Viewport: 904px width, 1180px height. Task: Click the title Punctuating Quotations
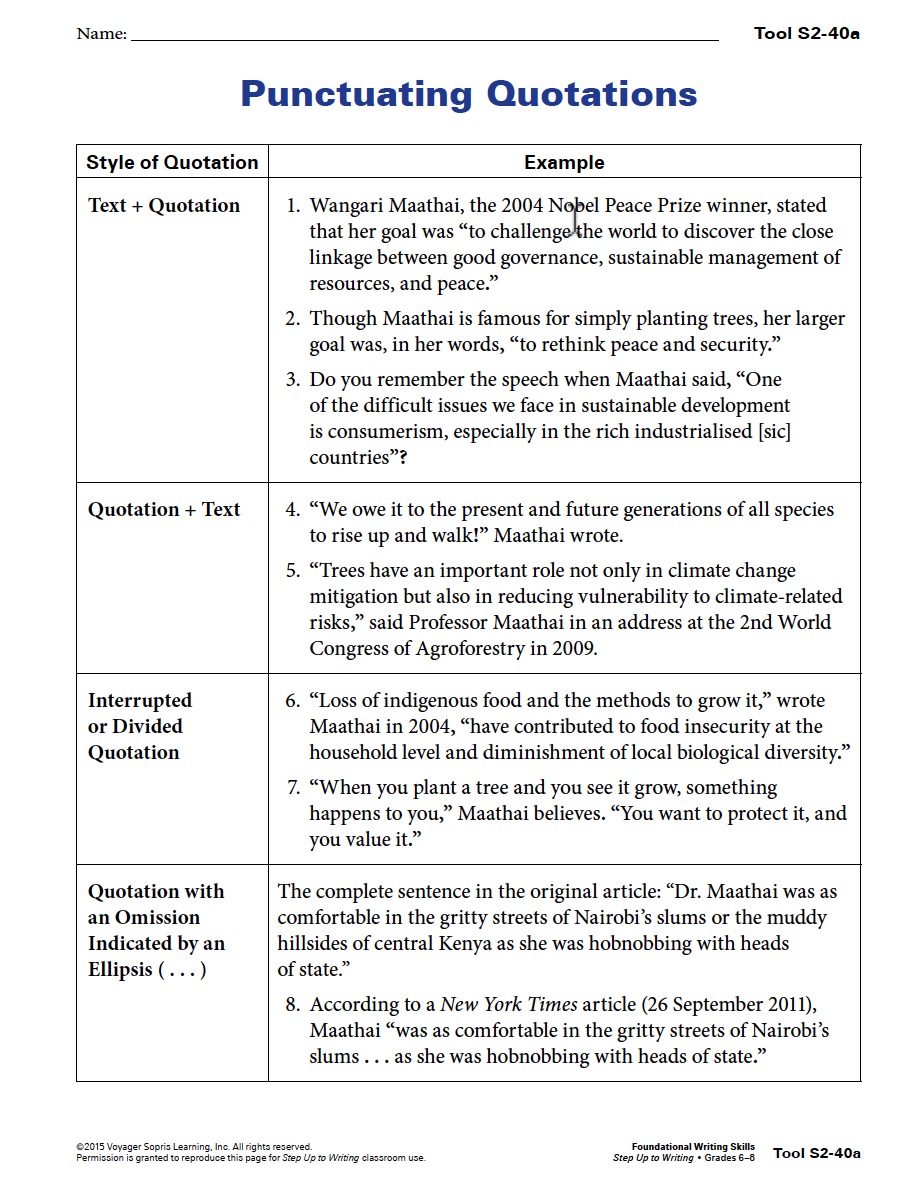468,94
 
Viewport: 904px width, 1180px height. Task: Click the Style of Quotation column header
172,162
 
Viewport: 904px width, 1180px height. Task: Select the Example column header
564,162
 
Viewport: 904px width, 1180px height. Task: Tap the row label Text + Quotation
164,205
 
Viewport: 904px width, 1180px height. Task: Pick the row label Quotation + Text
164,509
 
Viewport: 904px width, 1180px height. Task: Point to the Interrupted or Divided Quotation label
140,726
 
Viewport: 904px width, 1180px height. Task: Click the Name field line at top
424,38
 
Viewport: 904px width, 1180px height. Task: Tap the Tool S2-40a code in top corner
806,34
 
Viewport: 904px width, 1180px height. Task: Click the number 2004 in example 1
522,205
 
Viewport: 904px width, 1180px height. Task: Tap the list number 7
292,787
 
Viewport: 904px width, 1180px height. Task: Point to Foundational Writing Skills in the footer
693,1147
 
